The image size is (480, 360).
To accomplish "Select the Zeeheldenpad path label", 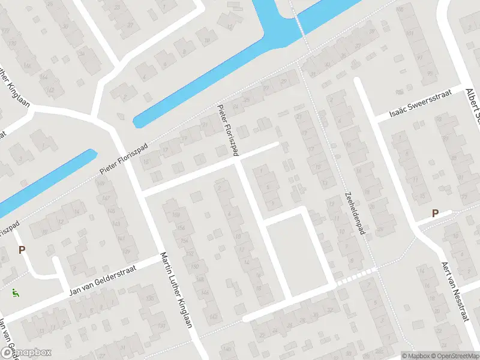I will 355,214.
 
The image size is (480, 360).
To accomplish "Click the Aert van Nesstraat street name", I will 454,292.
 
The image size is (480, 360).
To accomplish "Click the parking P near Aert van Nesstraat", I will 436,213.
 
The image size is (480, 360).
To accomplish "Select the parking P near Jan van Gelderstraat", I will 22,250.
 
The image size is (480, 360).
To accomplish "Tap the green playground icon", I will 14,293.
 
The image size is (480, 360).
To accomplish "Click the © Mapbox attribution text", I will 416,355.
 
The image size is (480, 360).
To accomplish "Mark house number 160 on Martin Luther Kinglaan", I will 176,215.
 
